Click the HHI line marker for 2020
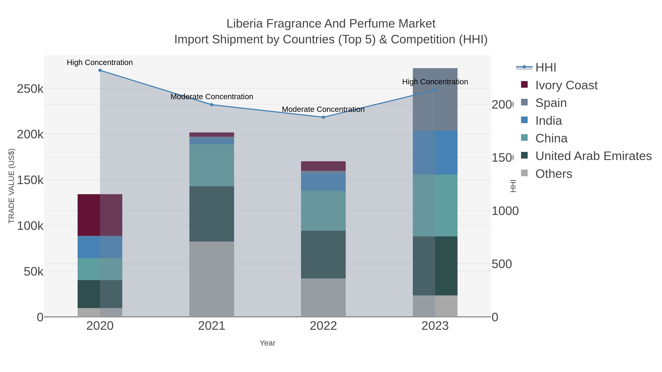(x=100, y=70)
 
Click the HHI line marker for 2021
(x=212, y=105)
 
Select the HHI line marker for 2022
(x=323, y=117)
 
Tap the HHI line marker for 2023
(x=435, y=90)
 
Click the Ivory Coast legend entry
(x=566, y=85)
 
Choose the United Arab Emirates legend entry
(x=593, y=156)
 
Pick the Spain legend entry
(x=551, y=103)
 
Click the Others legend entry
(x=554, y=174)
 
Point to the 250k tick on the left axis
(x=30, y=89)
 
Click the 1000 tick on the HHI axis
(x=505, y=211)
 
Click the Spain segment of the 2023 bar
(x=435, y=99)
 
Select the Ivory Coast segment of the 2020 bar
(x=100, y=215)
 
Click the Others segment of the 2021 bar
(x=212, y=279)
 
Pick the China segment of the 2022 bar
(x=323, y=211)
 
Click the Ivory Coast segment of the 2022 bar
(x=323, y=166)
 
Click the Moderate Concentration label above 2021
(x=212, y=97)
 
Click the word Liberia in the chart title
(x=244, y=24)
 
